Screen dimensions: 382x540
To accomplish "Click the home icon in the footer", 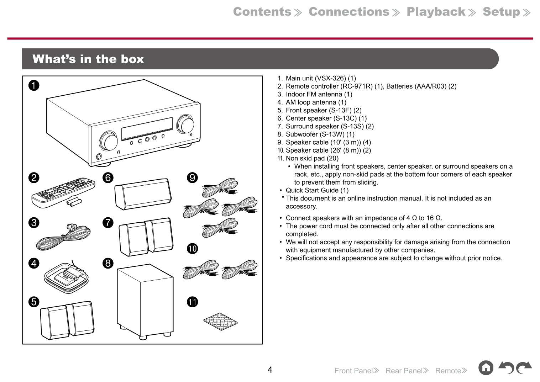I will pyautogui.click(x=486, y=368).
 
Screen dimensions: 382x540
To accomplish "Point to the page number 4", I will pyautogui.click(x=270, y=370).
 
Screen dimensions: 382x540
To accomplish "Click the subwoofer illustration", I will pyautogui.click(x=145, y=301).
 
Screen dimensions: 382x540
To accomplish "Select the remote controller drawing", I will pyautogui.click(x=63, y=192).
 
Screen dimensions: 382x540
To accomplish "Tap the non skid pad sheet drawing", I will pyautogui.click(x=220, y=321).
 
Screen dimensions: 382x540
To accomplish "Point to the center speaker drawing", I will pyautogui.click(x=143, y=194).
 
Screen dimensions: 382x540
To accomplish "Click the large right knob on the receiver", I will pyautogui.click(x=185, y=124).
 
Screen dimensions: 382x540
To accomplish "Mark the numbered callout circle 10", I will pyautogui.click(x=192, y=249).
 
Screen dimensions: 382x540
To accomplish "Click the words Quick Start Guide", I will pyautogui.click(x=312, y=190).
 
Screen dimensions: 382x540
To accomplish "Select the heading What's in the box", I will pyautogui.click(x=88, y=59).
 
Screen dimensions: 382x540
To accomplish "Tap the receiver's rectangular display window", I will pyautogui.click(x=147, y=128).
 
